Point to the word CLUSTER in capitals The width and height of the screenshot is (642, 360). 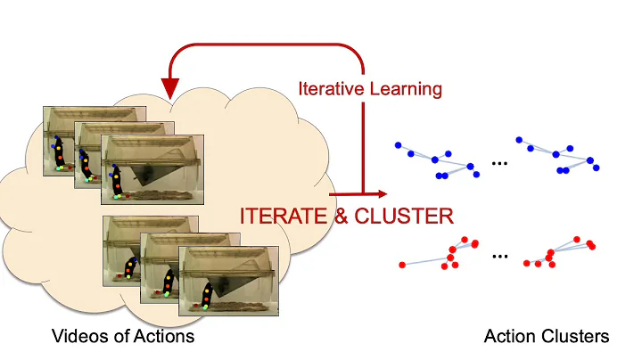click(x=407, y=215)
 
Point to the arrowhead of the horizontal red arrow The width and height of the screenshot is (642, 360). click(x=383, y=193)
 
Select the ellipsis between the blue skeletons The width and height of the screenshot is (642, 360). click(x=499, y=162)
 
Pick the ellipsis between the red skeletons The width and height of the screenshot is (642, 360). click(x=499, y=256)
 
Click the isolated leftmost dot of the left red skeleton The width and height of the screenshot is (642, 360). click(x=403, y=264)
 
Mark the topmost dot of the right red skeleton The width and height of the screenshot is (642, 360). click(x=578, y=239)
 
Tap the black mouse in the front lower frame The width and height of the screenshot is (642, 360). click(x=208, y=294)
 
